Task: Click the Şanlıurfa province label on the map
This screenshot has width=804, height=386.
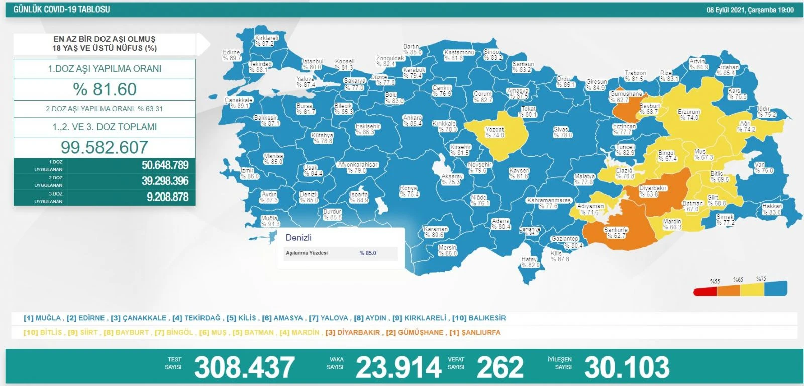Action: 616,232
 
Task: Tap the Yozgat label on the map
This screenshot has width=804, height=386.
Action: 494,132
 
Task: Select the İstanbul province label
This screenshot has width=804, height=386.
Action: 312,64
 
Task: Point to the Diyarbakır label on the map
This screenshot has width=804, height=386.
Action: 653,191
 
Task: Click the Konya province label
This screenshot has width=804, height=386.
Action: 409,191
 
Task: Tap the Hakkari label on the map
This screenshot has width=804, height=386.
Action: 772,209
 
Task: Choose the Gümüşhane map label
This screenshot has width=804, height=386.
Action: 625,96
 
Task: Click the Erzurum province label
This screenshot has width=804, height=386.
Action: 688,115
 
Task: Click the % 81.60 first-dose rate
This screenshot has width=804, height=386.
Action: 105,89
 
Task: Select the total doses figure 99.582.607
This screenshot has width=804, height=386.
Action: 105,147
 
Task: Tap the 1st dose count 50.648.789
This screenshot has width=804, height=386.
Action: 165,165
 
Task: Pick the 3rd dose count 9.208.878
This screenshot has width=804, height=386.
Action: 167,197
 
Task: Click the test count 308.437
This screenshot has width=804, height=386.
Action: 244,367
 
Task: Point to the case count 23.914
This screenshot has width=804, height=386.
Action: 398,367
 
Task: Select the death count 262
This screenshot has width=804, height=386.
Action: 500,367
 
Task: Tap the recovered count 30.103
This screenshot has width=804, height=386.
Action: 627,367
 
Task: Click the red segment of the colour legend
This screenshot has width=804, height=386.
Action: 705,292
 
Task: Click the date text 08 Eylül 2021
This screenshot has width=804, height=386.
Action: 726,10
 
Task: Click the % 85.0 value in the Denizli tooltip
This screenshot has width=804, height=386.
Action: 368,253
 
